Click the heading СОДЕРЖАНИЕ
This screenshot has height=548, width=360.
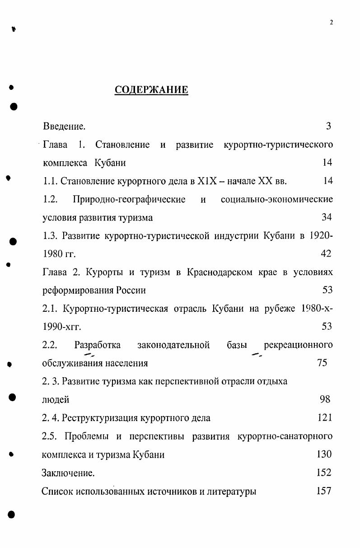151,90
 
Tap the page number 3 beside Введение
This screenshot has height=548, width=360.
328,126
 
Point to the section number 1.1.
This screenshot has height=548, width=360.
51,181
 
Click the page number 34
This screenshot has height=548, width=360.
327,217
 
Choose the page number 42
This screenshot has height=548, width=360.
326,254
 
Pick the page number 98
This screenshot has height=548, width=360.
325,399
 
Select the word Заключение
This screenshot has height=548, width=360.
68,473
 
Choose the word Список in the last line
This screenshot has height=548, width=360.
57,492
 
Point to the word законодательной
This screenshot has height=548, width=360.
173,345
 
